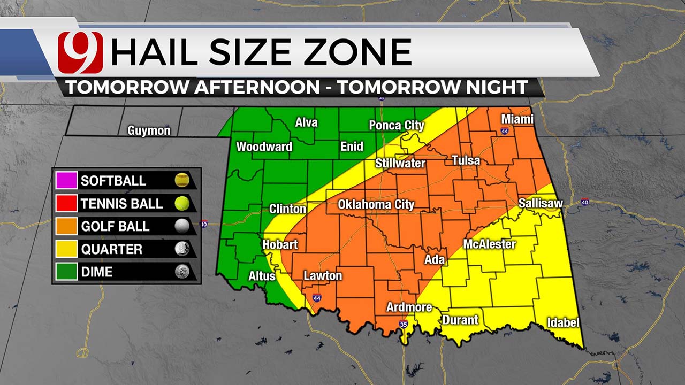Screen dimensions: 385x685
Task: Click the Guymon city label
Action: pyautogui.click(x=149, y=130)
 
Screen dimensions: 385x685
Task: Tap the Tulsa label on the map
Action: pyautogui.click(x=466, y=160)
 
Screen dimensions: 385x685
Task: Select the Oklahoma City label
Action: pyautogui.click(x=376, y=205)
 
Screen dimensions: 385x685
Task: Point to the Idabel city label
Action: pyautogui.click(x=563, y=322)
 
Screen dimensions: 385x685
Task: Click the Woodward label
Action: pyautogui.click(x=264, y=147)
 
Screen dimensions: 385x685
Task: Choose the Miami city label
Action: pyautogui.click(x=517, y=119)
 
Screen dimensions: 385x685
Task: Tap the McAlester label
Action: pyautogui.click(x=489, y=244)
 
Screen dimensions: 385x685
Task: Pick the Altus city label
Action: pyautogui.click(x=262, y=276)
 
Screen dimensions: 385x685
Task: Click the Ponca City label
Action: pyautogui.click(x=397, y=125)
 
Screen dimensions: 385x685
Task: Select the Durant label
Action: pyautogui.click(x=460, y=320)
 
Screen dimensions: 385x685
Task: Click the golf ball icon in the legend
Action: pyautogui.click(x=182, y=226)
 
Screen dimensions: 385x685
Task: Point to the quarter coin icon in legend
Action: pyautogui.click(x=182, y=249)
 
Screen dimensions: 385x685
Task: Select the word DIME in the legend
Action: pyautogui.click(x=97, y=272)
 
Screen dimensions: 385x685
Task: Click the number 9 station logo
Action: pyautogui.click(x=80, y=52)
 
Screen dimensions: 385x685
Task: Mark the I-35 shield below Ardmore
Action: pyautogui.click(x=403, y=324)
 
